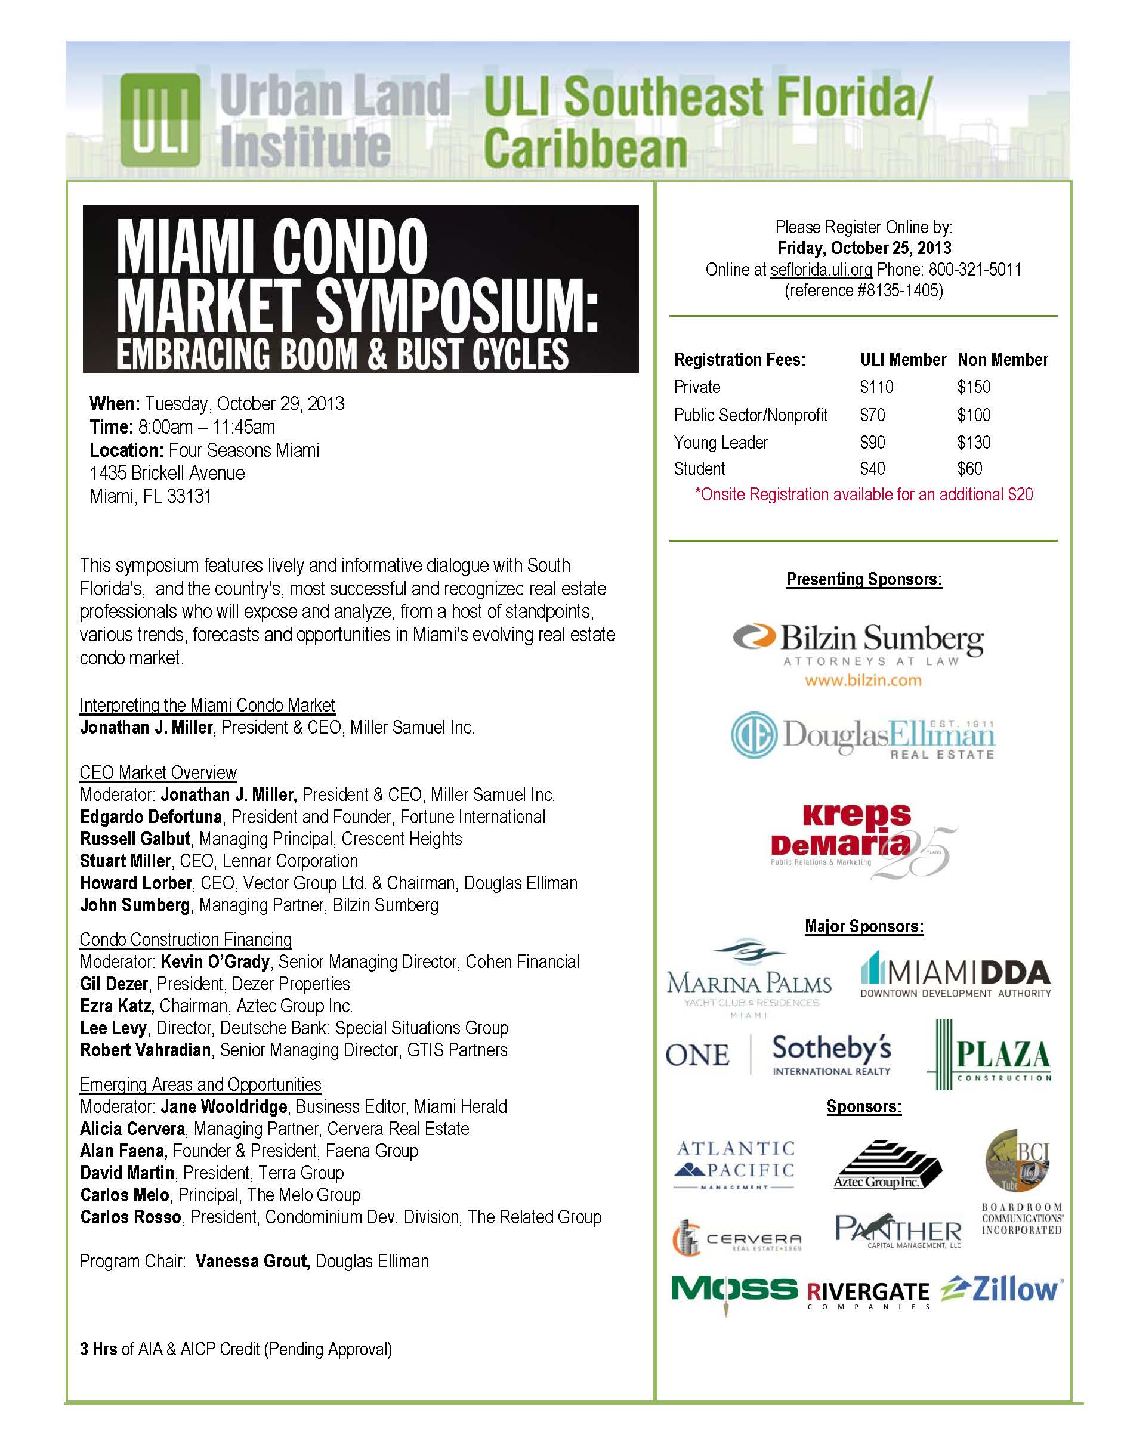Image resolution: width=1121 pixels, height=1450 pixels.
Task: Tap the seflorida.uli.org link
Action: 821,270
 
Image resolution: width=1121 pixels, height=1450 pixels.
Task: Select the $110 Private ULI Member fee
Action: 876,387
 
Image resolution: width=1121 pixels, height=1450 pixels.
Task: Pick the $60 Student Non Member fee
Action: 969,469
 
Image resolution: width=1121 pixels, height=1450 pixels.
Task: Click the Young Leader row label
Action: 721,442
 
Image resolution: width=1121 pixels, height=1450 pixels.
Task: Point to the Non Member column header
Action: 1002,360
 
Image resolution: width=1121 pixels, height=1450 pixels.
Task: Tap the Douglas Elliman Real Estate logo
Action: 863,735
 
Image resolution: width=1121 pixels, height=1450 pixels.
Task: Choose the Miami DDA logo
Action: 956,976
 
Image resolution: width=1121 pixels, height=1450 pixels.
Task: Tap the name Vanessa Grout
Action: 252,1261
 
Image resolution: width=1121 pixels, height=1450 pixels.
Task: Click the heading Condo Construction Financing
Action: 186,939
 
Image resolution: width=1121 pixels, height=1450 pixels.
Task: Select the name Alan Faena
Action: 123,1151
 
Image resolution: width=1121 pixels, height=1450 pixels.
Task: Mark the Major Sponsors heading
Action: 864,926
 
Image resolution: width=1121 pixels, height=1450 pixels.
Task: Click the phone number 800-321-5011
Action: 975,270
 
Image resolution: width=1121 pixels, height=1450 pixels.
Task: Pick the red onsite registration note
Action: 863,494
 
